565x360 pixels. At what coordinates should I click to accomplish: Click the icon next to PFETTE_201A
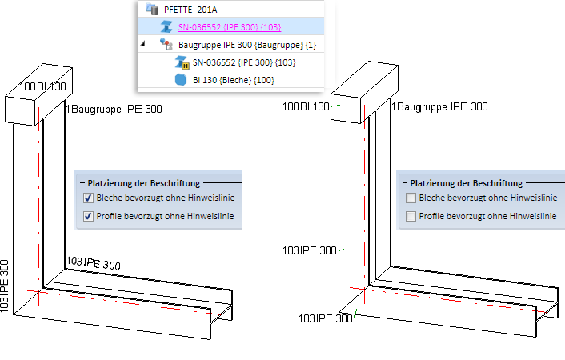tap(150, 10)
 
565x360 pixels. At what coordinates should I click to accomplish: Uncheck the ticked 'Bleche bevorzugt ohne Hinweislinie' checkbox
tap(89, 198)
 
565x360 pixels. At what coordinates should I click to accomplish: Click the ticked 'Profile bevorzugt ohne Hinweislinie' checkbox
tap(89, 216)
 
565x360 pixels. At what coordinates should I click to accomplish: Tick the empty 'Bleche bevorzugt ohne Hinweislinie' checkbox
tap(411, 198)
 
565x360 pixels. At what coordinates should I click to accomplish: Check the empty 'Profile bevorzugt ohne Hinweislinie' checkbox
tap(411, 216)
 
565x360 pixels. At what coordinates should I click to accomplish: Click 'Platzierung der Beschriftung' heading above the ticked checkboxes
tap(143, 183)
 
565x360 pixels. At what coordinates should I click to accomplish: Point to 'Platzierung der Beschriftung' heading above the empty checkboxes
tap(466, 183)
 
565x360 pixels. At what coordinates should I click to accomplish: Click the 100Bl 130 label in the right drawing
tap(304, 107)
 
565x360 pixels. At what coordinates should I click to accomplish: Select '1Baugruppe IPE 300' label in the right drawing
tap(439, 107)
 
